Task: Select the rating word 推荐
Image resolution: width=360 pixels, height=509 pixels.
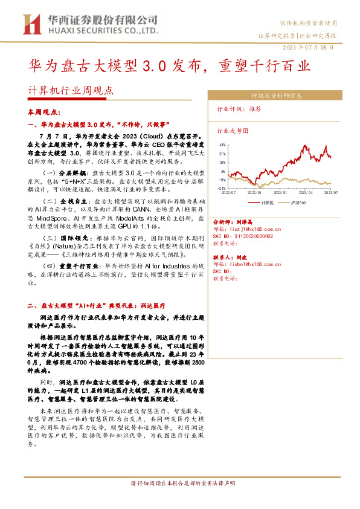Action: pos(255,110)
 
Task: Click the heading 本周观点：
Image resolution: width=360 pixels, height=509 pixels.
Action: pos(43,112)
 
